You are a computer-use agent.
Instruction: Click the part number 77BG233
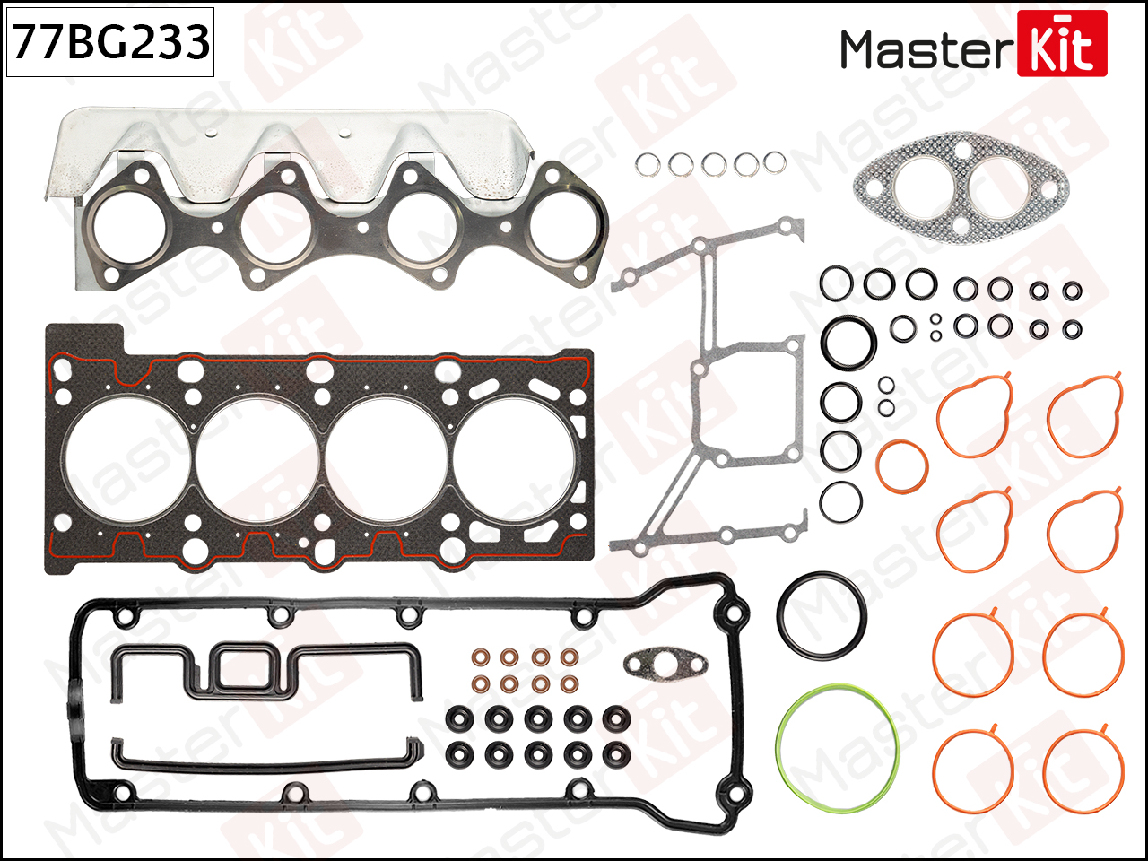(x=110, y=42)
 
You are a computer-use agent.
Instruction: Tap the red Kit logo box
(x=1062, y=44)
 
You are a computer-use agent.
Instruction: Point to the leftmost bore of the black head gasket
(x=126, y=459)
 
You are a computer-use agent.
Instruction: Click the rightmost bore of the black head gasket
(x=515, y=459)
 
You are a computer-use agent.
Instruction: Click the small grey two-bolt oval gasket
(x=665, y=665)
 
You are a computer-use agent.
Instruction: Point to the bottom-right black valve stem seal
(x=617, y=754)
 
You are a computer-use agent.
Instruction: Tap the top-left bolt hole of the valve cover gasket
(x=124, y=618)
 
